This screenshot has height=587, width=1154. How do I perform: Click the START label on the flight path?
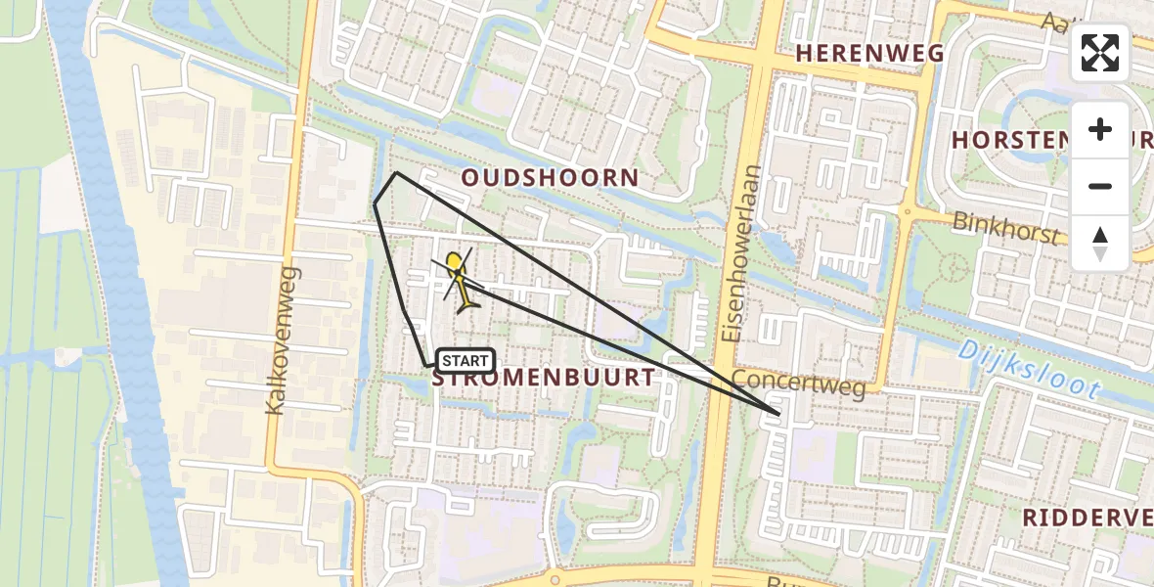466,361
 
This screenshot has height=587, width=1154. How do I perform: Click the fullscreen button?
1100,53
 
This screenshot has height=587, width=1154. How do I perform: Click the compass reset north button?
1100,244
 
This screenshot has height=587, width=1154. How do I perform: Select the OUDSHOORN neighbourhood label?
551,178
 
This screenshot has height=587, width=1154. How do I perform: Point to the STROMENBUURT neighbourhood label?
544,379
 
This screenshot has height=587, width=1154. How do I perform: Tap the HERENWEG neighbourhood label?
870,53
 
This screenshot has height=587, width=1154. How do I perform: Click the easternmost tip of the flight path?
779,414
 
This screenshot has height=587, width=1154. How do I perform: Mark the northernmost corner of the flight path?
396,173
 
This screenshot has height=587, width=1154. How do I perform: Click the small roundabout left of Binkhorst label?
908,211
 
